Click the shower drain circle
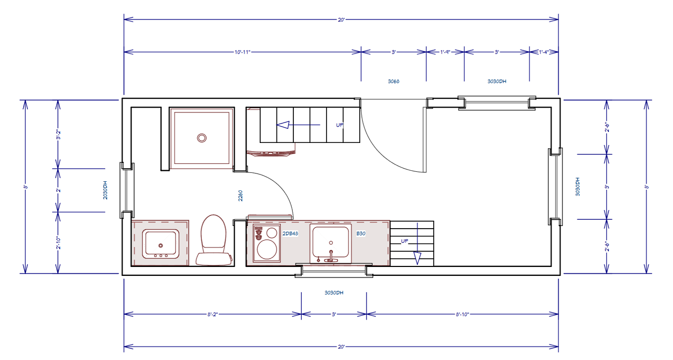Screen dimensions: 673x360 201,138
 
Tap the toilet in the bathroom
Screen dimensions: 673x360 213,240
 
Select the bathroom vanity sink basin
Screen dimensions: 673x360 161,244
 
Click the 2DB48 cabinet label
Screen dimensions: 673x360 290,233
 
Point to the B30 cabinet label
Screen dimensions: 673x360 361,233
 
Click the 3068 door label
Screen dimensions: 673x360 394,81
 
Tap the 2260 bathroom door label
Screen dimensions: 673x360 240,196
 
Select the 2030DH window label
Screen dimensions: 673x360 105,190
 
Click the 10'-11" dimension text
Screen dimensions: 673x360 242,52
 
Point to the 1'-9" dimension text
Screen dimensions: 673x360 445,52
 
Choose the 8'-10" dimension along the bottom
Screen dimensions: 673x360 462,314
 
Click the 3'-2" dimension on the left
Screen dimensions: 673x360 58,135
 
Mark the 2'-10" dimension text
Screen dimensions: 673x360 58,243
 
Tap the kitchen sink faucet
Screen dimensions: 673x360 331,256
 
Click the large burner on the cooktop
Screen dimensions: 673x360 267,249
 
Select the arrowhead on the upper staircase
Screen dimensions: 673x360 283,125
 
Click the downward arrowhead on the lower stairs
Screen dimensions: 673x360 417,258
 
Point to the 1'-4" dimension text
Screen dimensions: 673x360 544,52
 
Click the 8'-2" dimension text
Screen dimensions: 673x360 212,314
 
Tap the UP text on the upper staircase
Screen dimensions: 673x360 340,125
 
